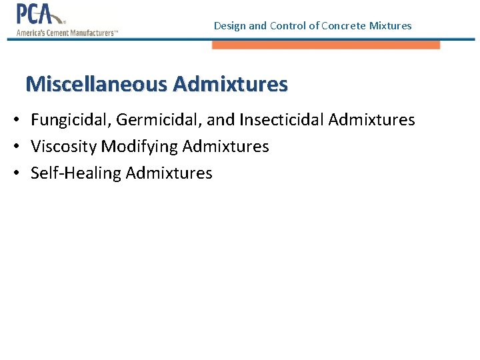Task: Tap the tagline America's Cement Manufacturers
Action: tap(67, 33)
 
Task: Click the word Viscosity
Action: tap(64, 147)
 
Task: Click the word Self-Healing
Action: tap(76, 173)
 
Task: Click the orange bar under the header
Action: tap(326, 45)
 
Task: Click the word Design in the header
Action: tap(229, 26)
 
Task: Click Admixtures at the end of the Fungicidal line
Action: tap(371, 120)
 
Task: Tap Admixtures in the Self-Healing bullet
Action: tap(169, 173)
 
